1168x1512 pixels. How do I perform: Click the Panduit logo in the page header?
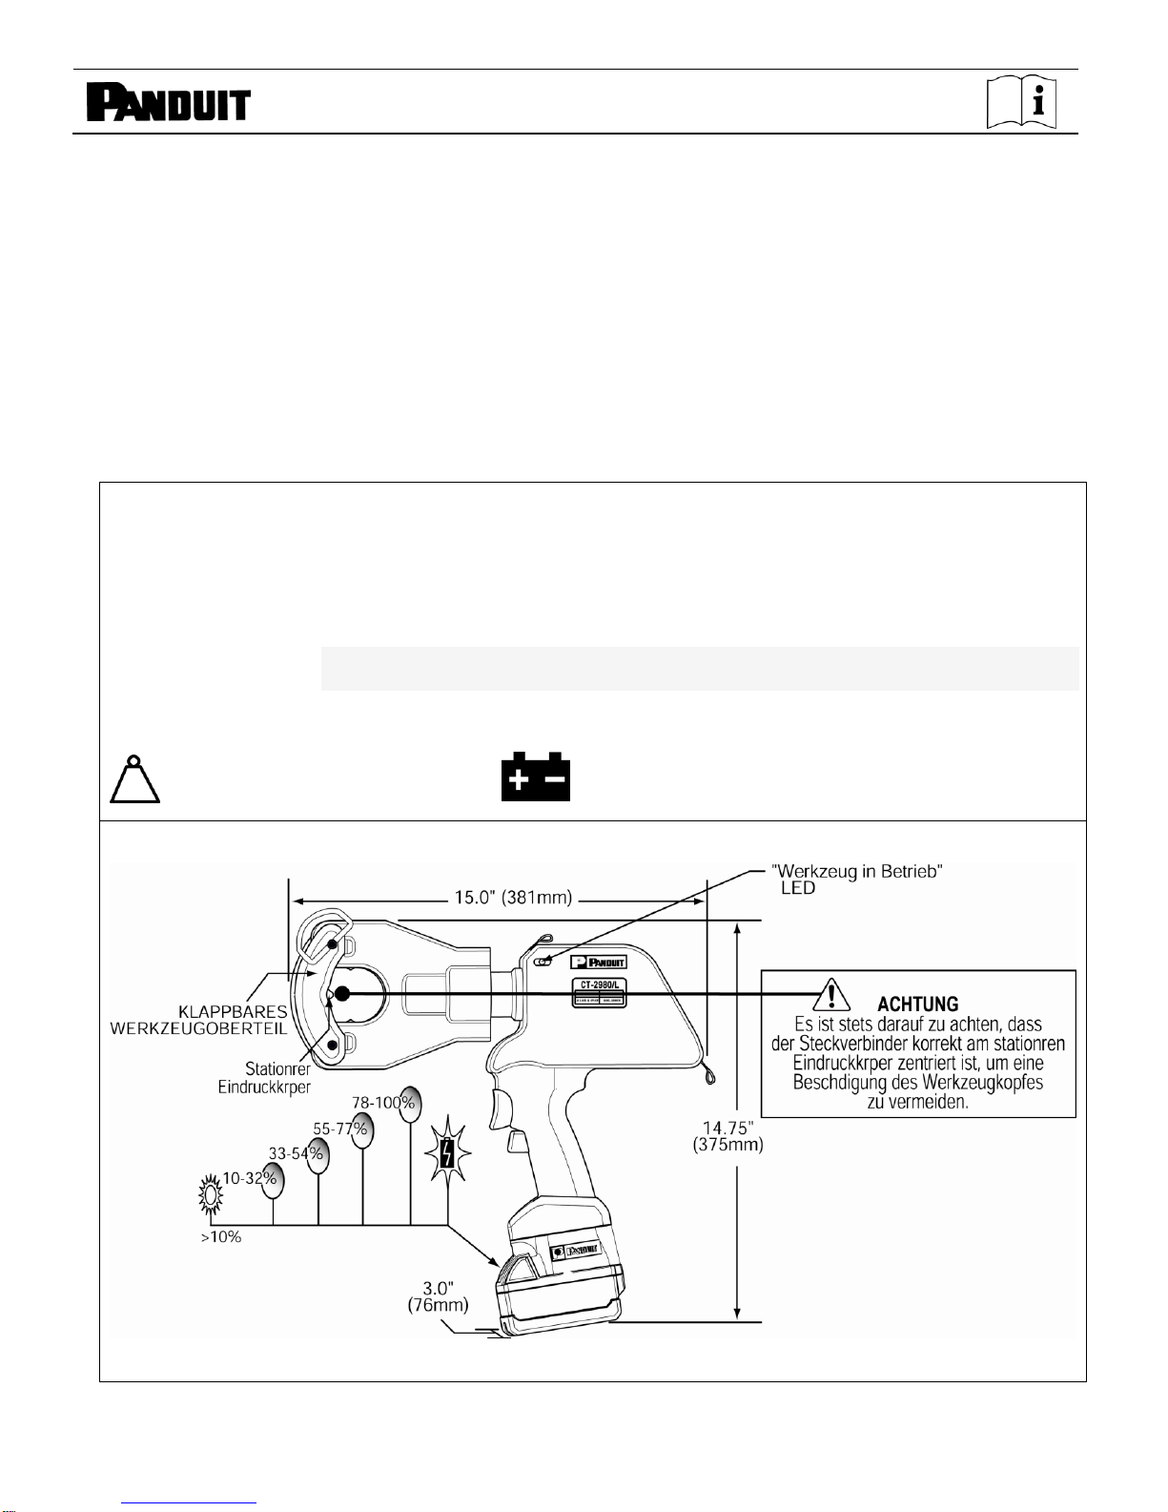(x=168, y=103)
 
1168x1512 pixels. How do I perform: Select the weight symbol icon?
(x=134, y=779)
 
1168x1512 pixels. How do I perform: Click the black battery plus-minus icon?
(x=535, y=777)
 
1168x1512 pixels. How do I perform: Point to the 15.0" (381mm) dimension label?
(x=513, y=899)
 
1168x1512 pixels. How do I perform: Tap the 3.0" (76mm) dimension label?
(x=438, y=1296)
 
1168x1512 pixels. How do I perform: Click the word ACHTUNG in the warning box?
(x=917, y=1005)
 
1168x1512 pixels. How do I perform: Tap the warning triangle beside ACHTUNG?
(x=831, y=996)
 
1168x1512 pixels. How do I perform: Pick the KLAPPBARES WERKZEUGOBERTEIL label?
(x=199, y=1020)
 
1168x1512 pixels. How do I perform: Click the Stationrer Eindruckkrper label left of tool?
(x=264, y=1078)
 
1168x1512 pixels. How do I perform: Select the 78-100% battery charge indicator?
(x=409, y=1104)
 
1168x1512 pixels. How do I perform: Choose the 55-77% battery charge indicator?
(x=360, y=1130)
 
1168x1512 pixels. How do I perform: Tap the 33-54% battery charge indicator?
(x=317, y=1155)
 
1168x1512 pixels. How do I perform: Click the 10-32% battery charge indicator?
(x=272, y=1181)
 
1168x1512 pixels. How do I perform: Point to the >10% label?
(x=221, y=1237)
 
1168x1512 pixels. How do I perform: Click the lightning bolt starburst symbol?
(x=448, y=1152)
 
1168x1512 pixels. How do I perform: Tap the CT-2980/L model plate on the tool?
(x=600, y=992)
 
